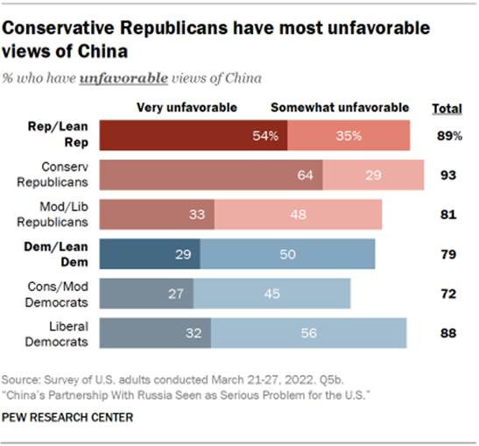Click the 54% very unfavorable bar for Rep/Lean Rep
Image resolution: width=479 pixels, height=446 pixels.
tap(193, 136)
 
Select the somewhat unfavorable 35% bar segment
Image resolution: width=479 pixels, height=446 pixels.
tap(349, 136)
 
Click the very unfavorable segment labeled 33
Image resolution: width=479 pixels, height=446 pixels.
tap(157, 215)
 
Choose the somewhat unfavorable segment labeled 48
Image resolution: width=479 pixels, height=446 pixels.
tap(298, 215)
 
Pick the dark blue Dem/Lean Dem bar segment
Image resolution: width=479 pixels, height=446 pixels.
tap(150, 254)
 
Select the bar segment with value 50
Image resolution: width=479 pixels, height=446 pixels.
tap(287, 254)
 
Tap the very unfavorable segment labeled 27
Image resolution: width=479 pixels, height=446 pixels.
tap(146, 294)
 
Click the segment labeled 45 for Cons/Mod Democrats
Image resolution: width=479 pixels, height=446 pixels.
tap(272, 294)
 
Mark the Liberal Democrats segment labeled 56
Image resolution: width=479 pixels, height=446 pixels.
tap(308, 334)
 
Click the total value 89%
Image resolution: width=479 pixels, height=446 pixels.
tap(449, 136)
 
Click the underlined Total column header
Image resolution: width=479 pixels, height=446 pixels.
tap(448, 109)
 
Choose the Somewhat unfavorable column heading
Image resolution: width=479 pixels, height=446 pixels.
tap(340, 108)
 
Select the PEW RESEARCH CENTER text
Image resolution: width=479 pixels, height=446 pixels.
tap(68, 417)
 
